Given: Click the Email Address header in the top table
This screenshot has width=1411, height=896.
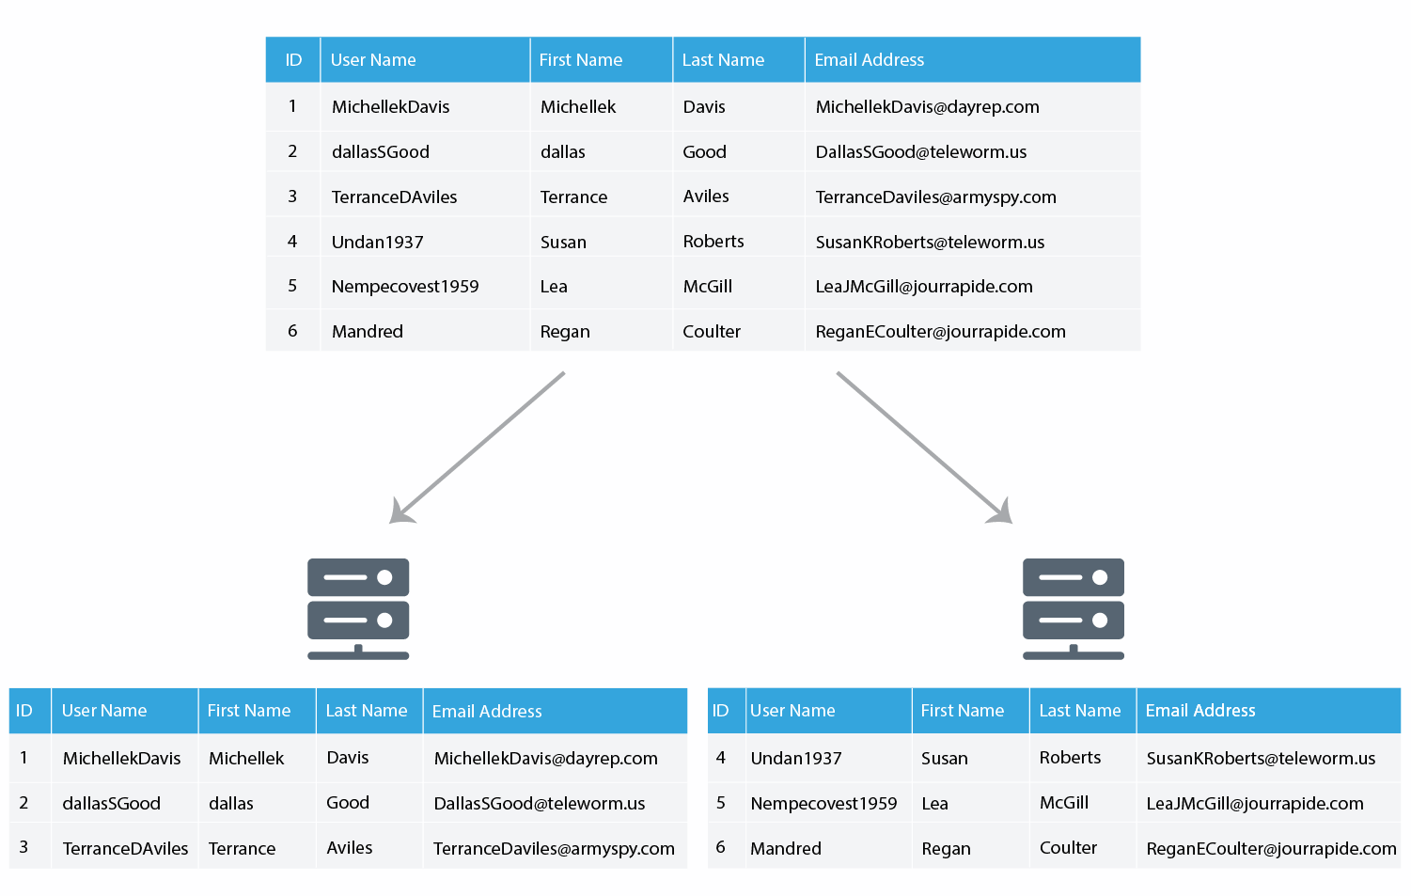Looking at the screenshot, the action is [x=869, y=60].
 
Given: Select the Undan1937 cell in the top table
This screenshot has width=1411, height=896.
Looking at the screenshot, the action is [x=377, y=242].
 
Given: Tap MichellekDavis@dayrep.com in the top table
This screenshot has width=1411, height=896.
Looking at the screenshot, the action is [x=927, y=107].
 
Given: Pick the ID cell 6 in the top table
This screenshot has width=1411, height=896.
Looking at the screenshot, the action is [x=292, y=331].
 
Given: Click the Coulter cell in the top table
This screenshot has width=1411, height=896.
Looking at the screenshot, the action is [x=712, y=332].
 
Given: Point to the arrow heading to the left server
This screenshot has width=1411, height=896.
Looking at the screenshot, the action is [x=477, y=448].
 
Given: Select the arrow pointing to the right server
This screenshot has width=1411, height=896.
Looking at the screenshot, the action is [x=925, y=448].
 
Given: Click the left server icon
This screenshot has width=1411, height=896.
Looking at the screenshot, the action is [x=358, y=608].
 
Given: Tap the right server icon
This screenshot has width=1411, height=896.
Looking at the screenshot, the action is [x=1074, y=608].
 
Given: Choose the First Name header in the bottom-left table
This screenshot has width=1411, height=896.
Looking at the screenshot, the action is [x=249, y=711].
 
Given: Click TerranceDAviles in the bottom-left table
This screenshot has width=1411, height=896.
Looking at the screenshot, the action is [x=125, y=849].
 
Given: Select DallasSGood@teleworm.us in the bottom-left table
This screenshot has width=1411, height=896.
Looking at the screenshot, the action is [x=540, y=803].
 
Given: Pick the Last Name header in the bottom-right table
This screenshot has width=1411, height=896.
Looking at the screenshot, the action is [x=1080, y=711].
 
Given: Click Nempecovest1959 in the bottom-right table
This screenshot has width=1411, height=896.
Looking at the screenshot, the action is [x=823, y=803].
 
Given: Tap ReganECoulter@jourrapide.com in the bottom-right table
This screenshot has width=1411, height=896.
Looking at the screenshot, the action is [x=1271, y=849].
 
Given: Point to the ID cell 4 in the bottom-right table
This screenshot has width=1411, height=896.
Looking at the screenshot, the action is [x=721, y=758].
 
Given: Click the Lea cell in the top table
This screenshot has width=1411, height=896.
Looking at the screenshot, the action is [x=554, y=287].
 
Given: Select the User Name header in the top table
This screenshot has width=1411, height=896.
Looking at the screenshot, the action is [x=373, y=60].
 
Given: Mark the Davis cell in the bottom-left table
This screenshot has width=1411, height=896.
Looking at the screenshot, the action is [x=348, y=758].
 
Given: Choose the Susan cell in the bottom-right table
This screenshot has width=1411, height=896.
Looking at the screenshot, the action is [x=944, y=758].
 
